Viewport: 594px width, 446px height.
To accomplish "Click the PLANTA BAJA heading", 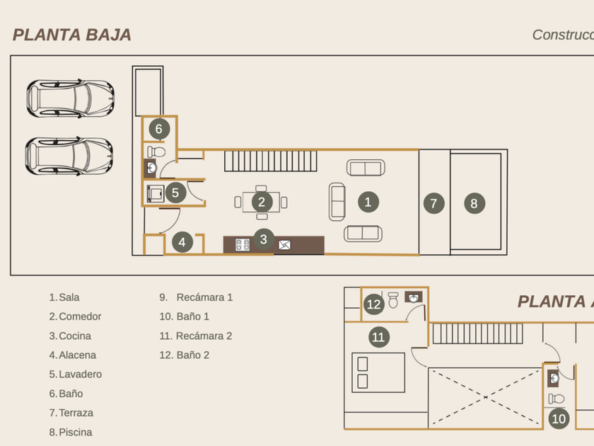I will tap(72, 35).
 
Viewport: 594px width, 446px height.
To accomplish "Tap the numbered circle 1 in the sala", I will tap(367, 202).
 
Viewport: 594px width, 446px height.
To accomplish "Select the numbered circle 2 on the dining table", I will tap(261, 202).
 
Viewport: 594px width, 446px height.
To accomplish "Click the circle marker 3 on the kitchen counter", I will tap(263, 239).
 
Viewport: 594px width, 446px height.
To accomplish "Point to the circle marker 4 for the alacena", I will tap(182, 242).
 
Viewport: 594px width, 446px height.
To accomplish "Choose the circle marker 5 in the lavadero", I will tap(175, 192).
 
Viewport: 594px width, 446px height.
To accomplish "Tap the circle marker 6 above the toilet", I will tap(159, 129).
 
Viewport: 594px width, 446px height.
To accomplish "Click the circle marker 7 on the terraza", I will tap(433, 204).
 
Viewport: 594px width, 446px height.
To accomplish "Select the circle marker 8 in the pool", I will tap(474, 204).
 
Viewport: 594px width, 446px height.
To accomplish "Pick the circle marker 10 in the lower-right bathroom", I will tap(559, 418).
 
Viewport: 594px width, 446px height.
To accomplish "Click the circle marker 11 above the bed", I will tap(378, 337).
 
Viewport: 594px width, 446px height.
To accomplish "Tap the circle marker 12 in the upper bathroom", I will tap(374, 305).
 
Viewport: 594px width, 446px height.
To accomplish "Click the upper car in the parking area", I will tap(69, 98).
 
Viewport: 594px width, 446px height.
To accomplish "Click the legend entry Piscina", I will tap(75, 432).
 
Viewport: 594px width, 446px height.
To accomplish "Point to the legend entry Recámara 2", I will tap(204, 336).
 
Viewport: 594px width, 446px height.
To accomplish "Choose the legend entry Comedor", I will tap(80, 316).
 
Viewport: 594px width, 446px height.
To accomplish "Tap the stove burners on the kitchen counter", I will tap(243, 245).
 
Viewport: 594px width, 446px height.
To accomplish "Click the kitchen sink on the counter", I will tap(284, 245).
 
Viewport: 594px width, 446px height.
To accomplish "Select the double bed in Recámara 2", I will tap(378, 372).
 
